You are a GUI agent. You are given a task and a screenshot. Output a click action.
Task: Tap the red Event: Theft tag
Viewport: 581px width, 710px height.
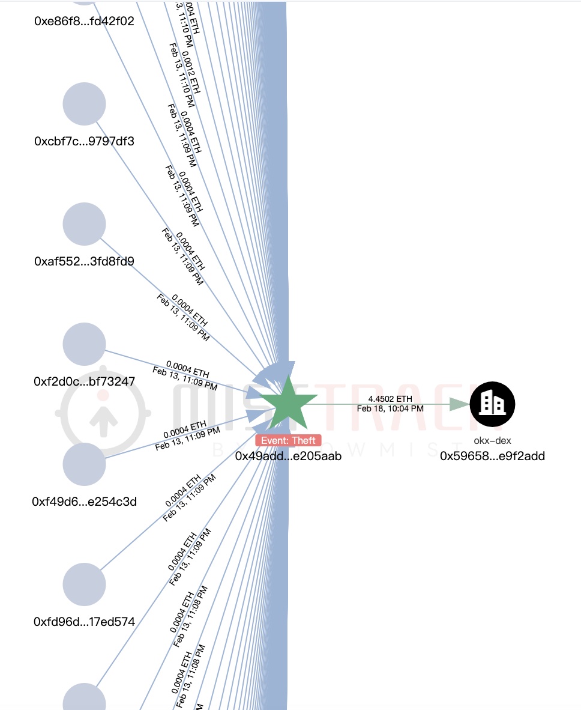click(288, 440)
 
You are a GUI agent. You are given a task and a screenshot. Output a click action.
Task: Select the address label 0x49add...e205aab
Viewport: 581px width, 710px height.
click(288, 456)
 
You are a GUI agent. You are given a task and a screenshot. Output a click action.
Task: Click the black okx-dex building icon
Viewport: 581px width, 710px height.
click(492, 404)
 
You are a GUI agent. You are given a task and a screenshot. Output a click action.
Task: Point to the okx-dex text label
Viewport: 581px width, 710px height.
click(492, 441)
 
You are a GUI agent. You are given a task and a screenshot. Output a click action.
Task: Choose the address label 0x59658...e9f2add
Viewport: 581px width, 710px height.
click(492, 456)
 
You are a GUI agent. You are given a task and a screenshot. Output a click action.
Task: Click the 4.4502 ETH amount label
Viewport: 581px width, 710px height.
click(390, 399)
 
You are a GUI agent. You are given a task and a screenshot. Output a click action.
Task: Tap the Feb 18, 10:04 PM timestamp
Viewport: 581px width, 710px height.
click(390, 408)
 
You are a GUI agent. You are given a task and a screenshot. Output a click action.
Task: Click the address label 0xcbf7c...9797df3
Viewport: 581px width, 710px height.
click(85, 142)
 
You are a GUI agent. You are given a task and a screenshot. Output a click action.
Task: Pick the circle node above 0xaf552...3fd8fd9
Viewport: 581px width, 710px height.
click(85, 224)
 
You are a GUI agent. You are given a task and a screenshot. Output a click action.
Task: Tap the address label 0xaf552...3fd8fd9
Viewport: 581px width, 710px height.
click(85, 261)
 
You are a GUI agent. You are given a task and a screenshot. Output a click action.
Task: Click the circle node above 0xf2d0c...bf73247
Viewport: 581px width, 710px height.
click(85, 344)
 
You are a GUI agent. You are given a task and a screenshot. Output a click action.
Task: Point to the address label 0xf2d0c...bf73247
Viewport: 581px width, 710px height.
click(85, 381)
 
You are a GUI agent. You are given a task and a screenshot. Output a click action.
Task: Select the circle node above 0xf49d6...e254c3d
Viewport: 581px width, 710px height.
click(85, 464)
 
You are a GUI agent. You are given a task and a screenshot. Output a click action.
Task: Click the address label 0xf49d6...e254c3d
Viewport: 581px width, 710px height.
click(85, 502)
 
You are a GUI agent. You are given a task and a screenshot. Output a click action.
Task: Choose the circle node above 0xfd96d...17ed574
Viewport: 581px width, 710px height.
click(85, 584)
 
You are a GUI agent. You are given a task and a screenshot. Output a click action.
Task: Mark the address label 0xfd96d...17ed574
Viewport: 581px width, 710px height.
click(85, 622)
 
